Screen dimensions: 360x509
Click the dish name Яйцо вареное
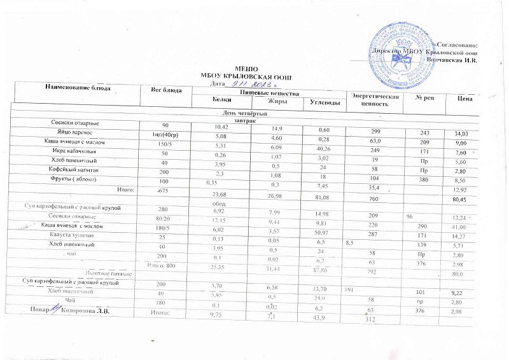[x=77, y=132]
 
